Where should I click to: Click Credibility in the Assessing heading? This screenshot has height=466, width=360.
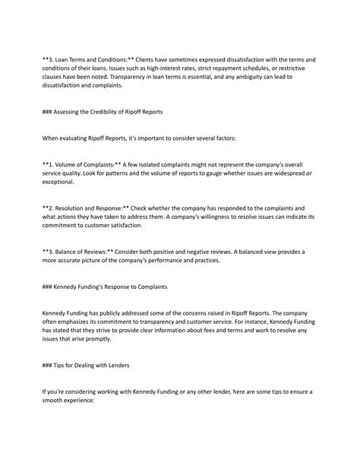[x=104, y=112]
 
